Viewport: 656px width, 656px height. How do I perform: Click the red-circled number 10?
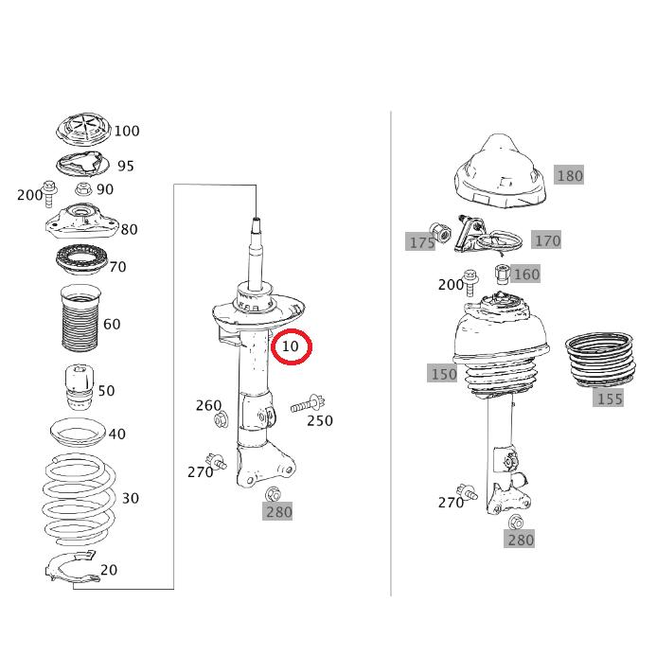click(x=291, y=346)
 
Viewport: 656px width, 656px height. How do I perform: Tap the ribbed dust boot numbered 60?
click(x=80, y=318)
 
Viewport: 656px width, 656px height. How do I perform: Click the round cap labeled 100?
click(x=83, y=129)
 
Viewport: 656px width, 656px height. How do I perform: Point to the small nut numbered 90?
click(x=83, y=189)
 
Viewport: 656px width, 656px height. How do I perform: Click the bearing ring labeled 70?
click(x=82, y=259)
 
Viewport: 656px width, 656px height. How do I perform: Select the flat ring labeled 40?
click(x=78, y=433)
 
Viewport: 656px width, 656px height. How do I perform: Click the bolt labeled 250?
click(x=308, y=404)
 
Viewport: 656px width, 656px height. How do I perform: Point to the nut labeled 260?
click(x=221, y=419)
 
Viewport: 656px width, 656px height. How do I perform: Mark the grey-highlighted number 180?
click(x=570, y=175)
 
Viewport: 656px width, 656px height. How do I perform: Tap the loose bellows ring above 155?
click(x=600, y=360)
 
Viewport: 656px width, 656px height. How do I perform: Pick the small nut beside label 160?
click(x=503, y=274)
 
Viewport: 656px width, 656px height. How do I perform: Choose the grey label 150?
click(x=443, y=374)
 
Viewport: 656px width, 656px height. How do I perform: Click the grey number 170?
click(x=547, y=240)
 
